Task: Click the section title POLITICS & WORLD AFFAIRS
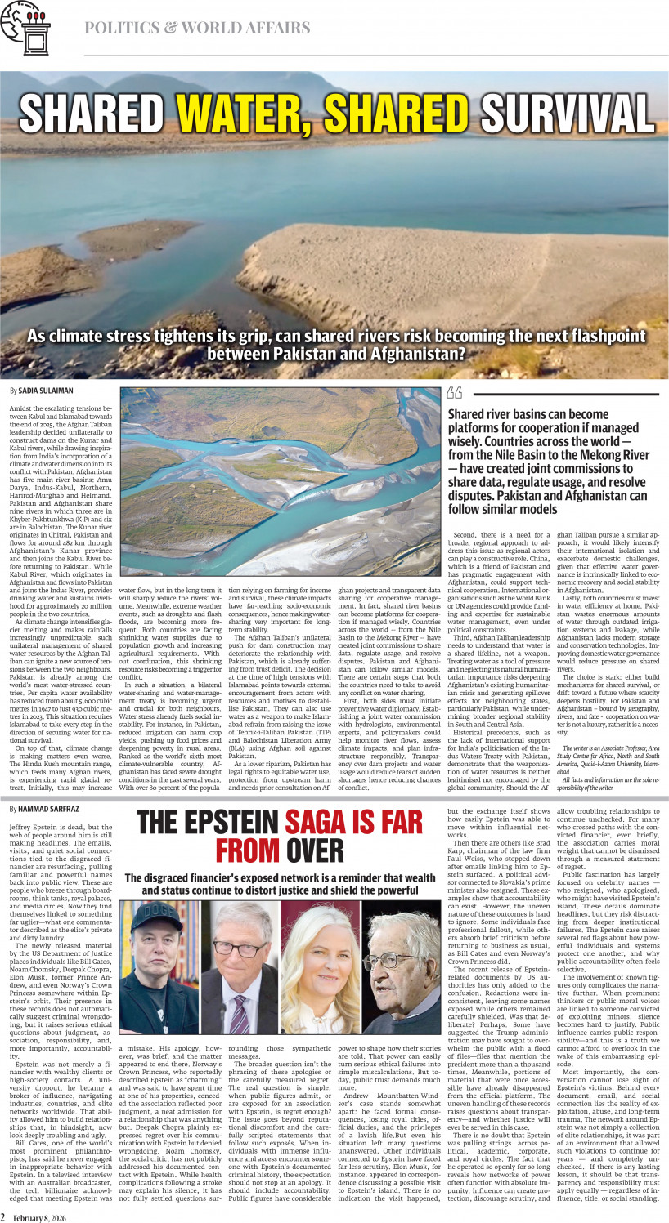tap(197, 28)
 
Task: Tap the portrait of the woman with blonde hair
tap(317, 964)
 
